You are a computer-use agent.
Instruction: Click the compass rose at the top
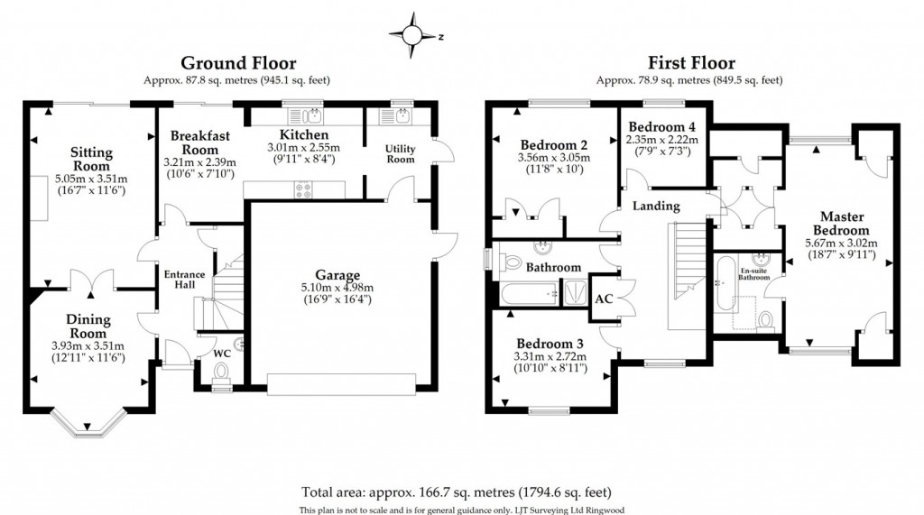point(413,34)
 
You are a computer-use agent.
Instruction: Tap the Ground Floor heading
point(226,62)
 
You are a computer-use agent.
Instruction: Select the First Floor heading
point(690,62)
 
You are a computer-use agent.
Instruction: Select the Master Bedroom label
point(843,224)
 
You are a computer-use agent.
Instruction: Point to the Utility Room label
point(400,153)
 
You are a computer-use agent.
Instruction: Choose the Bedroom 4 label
point(662,126)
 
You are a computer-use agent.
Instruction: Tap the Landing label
point(655,206)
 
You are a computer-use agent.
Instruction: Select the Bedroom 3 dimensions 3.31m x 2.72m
point(550,356)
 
